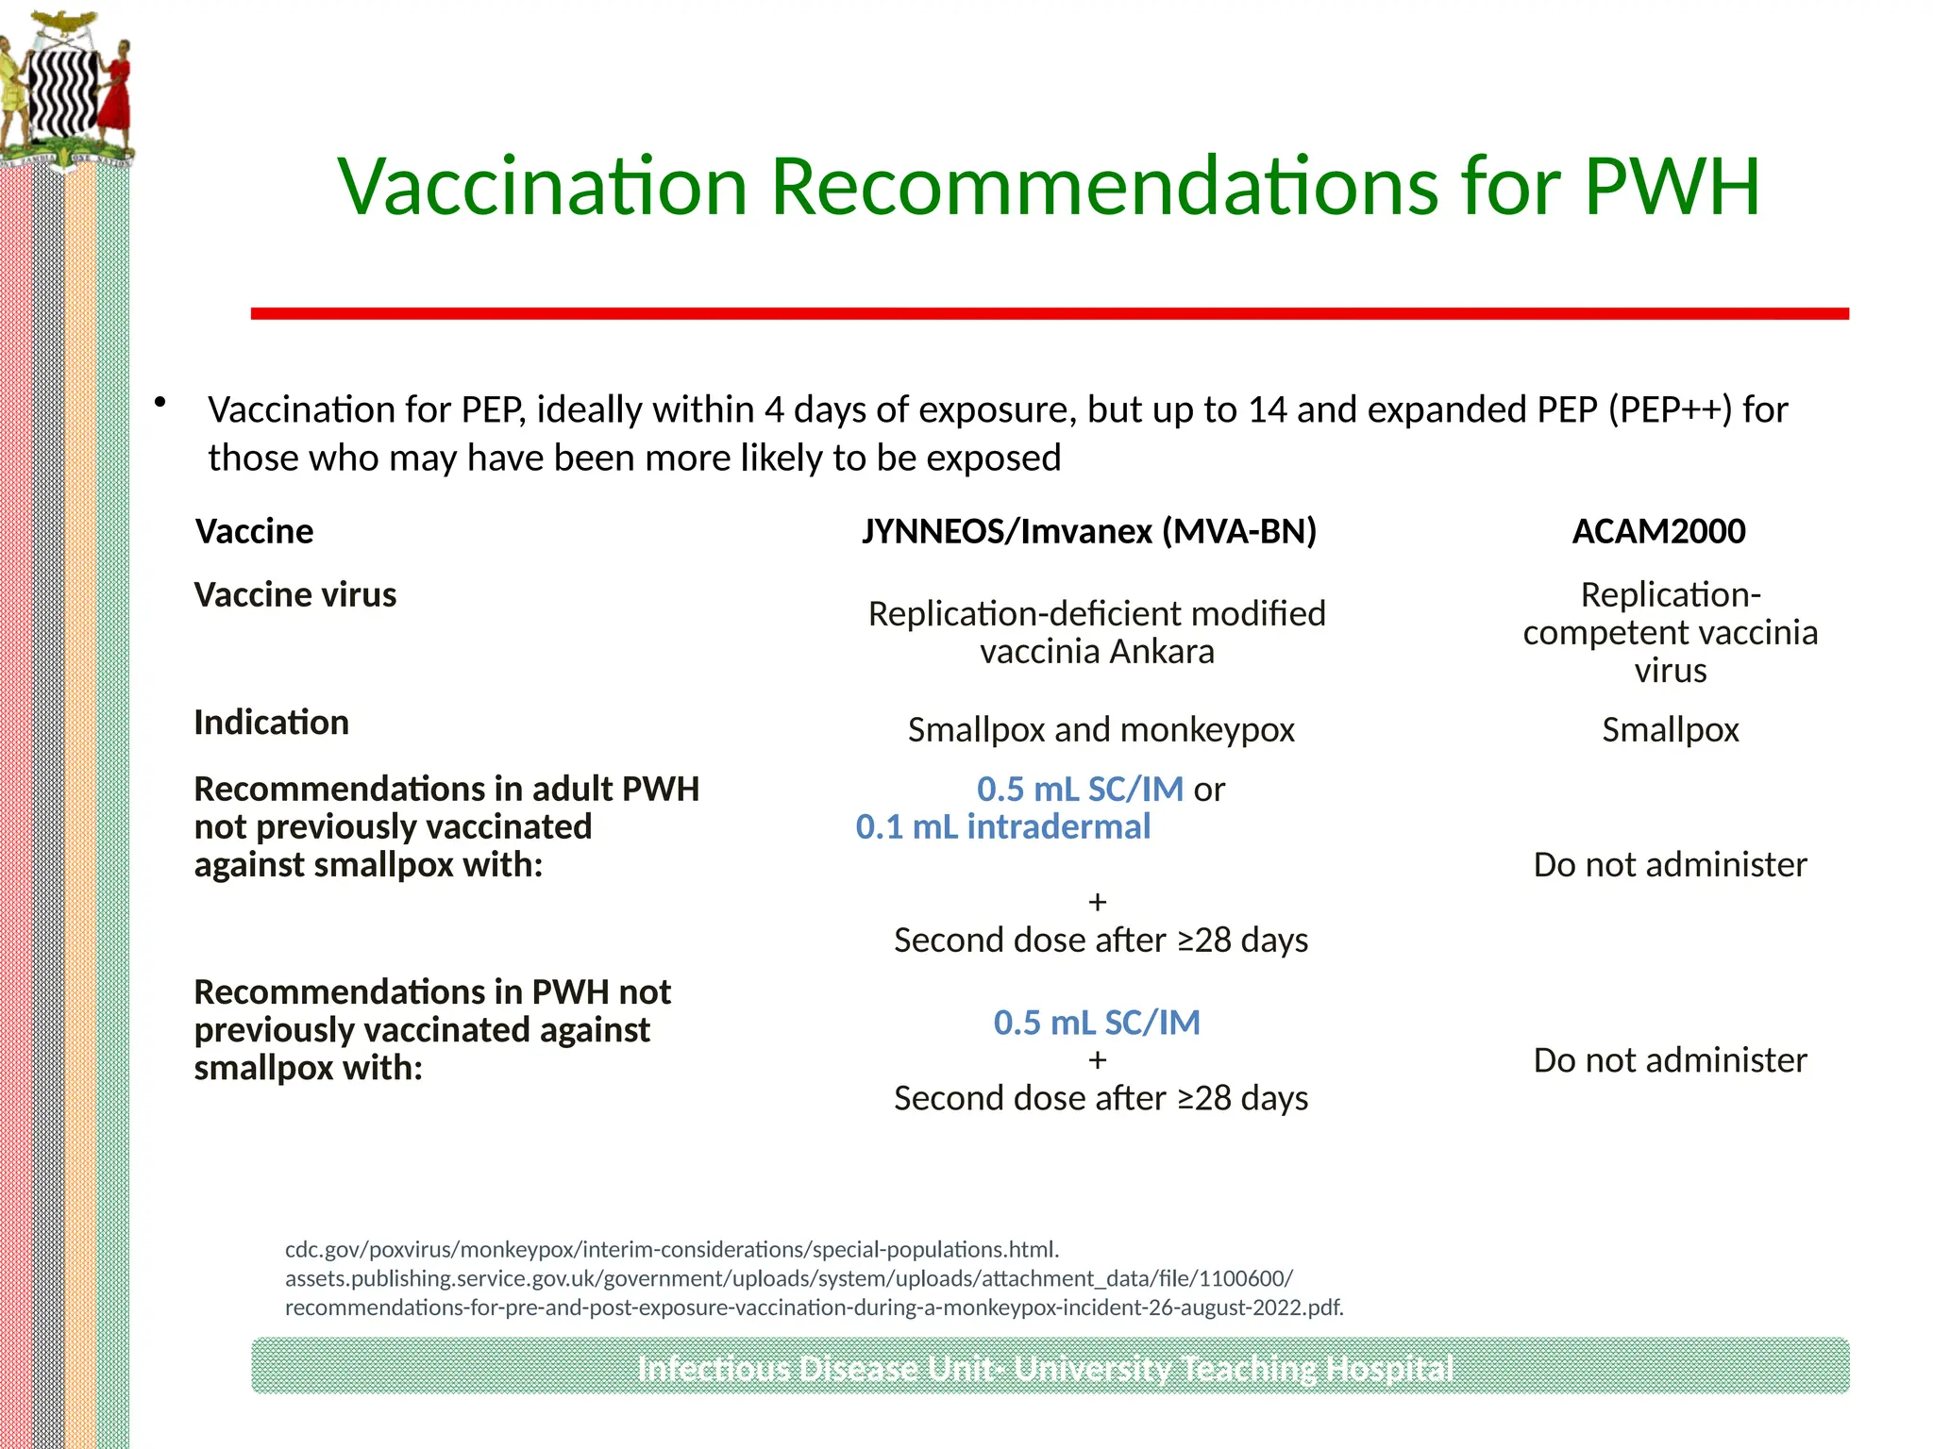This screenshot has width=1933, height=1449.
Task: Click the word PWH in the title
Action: [1672, 186]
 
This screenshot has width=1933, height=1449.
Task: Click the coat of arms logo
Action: [65, 91]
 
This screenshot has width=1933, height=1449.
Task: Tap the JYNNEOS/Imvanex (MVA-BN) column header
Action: [1088, 532]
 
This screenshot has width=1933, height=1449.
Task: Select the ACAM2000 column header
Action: [1658, 532]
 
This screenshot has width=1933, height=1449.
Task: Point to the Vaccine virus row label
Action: [295, 595]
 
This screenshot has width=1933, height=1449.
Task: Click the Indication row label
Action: [272, 723]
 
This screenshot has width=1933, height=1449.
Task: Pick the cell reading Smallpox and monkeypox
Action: [1101, 730]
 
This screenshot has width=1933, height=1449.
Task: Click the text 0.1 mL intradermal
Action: [1002, 827]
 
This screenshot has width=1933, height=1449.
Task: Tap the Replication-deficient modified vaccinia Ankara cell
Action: [1097, 632]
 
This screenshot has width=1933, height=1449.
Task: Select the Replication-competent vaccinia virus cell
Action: [1670, 632]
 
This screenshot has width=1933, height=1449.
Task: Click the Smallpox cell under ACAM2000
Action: [1670, 730]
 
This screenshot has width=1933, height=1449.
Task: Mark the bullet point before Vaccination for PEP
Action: [160, 403]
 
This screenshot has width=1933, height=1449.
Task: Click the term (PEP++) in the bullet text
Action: [1671, 410]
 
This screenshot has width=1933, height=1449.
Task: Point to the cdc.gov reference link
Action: [672, 1250]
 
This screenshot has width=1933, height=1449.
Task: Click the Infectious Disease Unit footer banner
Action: [1050, 1366]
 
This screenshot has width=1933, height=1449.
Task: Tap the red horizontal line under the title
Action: [1050, 313]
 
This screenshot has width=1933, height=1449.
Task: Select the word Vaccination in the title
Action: [544, 186]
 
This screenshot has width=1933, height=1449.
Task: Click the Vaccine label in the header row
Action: [255, 532]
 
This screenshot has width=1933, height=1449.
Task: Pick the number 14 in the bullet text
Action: [1267, 410]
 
